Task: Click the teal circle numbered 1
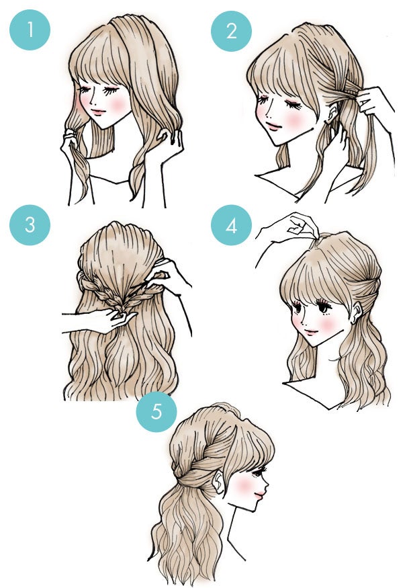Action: (x=30, y=30)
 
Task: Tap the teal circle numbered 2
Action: (x=231, y=31)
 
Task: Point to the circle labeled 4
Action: (x=231, y=225)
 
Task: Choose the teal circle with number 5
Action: (x=156, y=411)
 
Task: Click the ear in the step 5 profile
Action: (x=220, y=481)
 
